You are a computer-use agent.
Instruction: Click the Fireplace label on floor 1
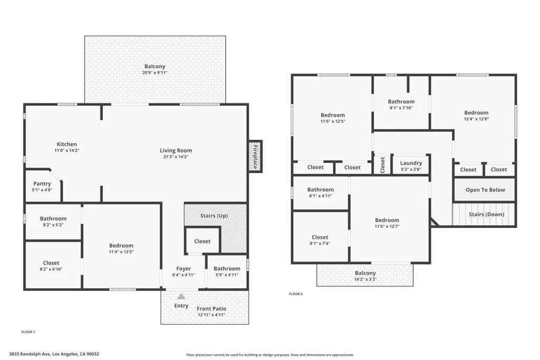pos(255,156)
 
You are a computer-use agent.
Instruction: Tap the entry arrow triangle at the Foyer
pos(181,296)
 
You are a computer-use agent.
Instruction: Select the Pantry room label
pos(43,184)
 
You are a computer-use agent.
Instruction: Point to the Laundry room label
pos(411,163)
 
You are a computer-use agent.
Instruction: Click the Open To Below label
pos(485,190)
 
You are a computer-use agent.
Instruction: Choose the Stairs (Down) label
pos(486,215)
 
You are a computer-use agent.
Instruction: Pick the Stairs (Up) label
pos(214,216)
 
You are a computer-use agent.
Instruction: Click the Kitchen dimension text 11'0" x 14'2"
pos(67,150)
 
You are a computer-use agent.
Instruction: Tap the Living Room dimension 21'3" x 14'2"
pos(176,157)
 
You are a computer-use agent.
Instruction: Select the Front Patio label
pos(211,309)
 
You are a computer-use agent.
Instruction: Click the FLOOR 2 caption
pos(296,294)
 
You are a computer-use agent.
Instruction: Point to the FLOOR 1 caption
pos(28,332)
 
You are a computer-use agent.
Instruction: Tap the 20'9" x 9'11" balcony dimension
pos(155,73)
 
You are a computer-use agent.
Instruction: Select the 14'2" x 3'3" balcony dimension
pos(365,279)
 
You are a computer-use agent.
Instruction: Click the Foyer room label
pos(184,269)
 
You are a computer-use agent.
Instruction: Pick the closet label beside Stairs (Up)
pos(202,241)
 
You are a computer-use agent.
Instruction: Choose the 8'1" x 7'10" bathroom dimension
pos(401,108)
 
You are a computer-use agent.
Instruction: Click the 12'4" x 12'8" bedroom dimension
pos(476,119)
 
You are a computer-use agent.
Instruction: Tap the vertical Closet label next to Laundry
pos(382,164)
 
